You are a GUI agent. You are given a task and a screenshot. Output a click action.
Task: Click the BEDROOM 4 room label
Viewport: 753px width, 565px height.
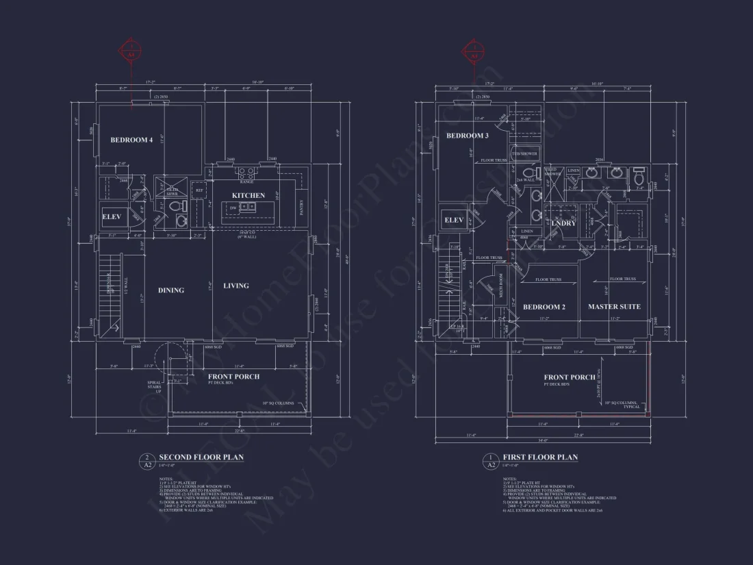pyautogui.click(x=131, y=140)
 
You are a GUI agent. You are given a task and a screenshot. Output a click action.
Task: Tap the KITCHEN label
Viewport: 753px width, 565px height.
pyautogui.click(x=248, y=196)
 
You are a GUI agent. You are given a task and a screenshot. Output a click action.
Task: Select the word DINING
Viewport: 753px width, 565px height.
pyautogui.click(x=171, y=290)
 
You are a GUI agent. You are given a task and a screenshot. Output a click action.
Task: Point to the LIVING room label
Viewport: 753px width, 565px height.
pyautogui.click(x=236, y=286)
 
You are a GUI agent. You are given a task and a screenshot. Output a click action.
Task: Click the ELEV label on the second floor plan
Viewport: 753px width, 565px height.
pyautogui.click(x=112, y=216)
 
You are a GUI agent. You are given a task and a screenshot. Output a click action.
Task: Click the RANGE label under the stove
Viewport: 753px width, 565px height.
pyautogui.click(x=247, y=181)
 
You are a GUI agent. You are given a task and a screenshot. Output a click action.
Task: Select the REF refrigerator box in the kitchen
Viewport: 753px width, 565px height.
pyautogui.click(x=199, y=190)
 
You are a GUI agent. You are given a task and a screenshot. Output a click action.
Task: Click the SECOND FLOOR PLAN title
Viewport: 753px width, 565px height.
pyautogui.click(x=201, y=457)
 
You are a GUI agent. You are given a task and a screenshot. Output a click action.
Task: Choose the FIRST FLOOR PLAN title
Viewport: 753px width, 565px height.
pyautogui.click(x=540, y=457)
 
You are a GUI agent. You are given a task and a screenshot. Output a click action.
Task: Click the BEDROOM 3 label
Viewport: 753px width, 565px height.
pyautogui.click(x=468, y=136)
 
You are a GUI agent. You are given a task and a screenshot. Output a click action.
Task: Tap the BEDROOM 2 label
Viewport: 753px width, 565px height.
pyautogui.click(x=544, y=307)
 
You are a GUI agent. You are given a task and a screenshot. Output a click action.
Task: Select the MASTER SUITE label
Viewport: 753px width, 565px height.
pyautogui.click(x=614, y=307)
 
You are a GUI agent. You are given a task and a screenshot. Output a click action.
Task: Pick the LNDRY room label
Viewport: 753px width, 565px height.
pyautogui.click(x=563, y=223)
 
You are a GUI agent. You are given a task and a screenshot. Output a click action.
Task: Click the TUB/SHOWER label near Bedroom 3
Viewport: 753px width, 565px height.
pyautogui.click(x=524, y=154)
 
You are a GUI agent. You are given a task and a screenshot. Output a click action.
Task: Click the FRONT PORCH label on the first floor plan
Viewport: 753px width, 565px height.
pyautogui.click(x=570, y=377)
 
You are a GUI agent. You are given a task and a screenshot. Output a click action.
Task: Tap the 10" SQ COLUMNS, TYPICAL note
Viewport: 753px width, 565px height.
pyautogui.click(x=622, y=404)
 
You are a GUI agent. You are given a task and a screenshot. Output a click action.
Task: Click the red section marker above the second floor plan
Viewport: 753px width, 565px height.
pyautogui.click(x=132, y=50)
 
